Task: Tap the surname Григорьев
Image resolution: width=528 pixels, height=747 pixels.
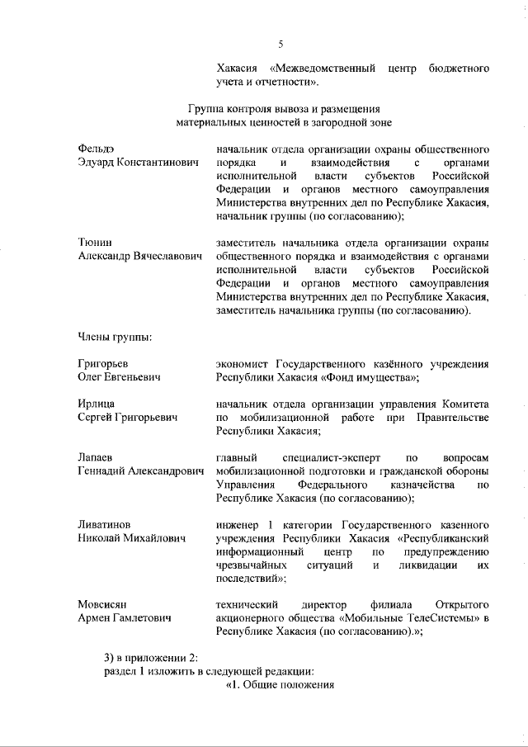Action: (x=105, y=363)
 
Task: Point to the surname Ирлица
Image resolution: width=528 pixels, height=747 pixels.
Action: (x=96, y=404)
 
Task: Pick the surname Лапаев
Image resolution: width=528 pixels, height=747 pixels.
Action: (x=96, y=457)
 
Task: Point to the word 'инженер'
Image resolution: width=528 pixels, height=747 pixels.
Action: (x=238, y=524)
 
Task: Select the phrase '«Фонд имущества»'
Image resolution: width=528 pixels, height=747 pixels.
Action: (x=370, y=377)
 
